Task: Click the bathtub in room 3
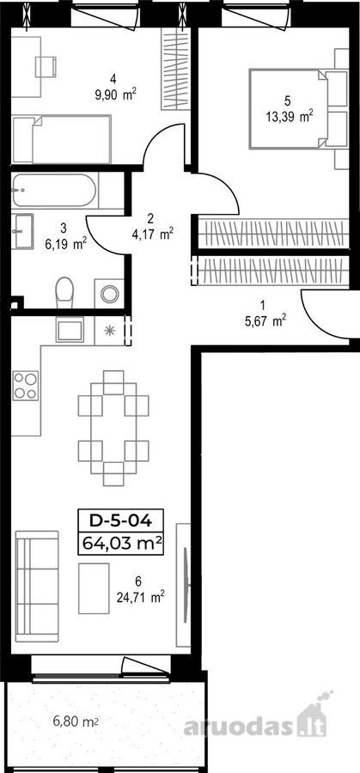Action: pos(54,191)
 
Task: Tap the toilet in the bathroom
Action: pos(64,293)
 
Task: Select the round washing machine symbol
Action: pos(109,295)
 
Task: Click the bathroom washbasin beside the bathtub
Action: pos(22,231)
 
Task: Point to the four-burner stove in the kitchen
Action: pos(25,385)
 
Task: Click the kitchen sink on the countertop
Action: pos(70,329)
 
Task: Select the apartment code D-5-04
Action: pos(120,520)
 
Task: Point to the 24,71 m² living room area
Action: pos(140,599)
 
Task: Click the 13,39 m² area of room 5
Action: pos(290,118)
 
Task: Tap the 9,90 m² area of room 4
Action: pos(115,94)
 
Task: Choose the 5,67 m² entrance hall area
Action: pos(265,321)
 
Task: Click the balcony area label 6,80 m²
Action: pos(75,722)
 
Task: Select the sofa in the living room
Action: pos(37,586)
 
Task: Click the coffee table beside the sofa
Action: pos(94,588)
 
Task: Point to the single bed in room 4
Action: pos(62,139)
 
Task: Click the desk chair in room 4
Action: pos(46,66)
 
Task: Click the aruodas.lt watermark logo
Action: pos(256,721)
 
